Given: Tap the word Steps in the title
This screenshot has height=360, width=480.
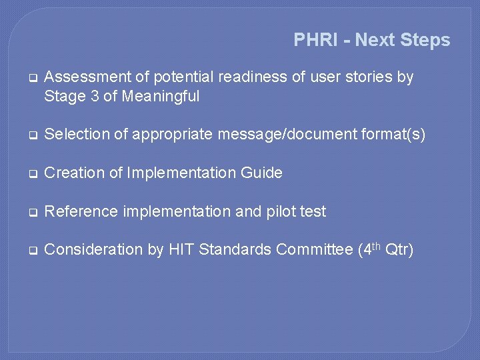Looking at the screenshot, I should (425, 40).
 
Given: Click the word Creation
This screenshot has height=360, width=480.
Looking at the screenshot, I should (71, 173).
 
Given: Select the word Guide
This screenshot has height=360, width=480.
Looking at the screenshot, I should (262, 173).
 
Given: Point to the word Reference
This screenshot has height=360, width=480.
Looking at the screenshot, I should (77, 212).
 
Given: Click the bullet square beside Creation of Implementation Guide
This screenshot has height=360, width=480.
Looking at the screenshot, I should (31, 174).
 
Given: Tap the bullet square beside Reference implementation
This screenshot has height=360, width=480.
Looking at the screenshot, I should (31, 213).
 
